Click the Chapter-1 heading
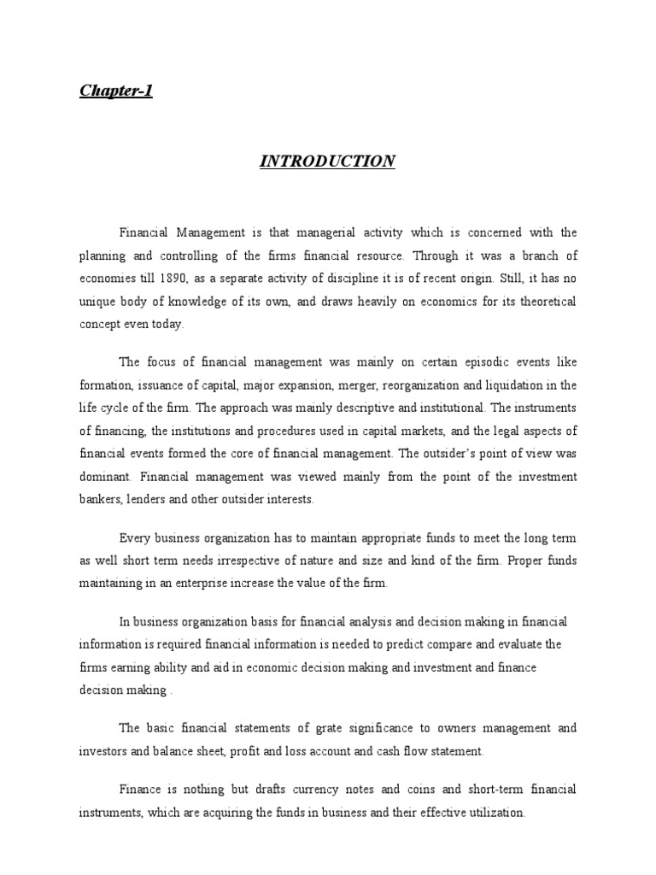point(116,91)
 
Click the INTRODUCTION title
point(327,161)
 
